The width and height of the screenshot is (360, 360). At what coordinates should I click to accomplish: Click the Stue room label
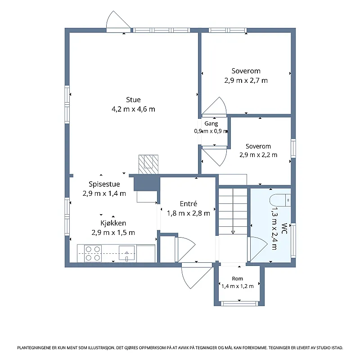click(133, 100)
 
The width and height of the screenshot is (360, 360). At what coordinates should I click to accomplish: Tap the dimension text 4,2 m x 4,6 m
click(133, 109)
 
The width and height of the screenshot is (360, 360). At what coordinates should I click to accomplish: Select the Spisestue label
click(104, 184)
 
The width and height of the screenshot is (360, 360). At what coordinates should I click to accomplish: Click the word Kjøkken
click(113, 223)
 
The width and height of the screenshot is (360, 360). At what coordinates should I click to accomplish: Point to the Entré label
click(188, 204)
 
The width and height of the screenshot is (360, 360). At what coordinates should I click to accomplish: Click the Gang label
click(211, 124)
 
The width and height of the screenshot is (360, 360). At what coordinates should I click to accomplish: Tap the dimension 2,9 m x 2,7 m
click(246, 81)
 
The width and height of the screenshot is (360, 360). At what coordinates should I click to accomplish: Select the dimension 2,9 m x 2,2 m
click(258, 155)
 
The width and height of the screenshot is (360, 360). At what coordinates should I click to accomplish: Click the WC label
click(284, 229)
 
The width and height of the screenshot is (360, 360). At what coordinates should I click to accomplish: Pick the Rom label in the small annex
click(238, 279)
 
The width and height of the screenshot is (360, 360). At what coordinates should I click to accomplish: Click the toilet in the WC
click(280, 200)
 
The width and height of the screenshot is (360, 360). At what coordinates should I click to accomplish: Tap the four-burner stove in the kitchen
click(93, 253)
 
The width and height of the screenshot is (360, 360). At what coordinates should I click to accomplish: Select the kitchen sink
click(126, 253)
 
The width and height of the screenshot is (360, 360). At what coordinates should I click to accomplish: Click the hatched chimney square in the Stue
click(148, 164)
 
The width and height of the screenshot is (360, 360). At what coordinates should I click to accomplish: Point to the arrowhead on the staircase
click(233, 232)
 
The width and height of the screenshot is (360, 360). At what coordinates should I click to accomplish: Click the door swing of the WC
click(257, 249)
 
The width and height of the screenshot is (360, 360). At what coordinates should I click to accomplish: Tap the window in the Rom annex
click(239, 304)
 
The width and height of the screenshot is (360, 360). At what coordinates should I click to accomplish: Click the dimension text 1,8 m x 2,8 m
click(188, 213)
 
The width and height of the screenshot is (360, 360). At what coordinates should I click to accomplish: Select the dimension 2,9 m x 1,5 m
click(113, 233)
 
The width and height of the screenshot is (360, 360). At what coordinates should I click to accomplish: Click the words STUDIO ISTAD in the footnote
click(330, 348)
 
